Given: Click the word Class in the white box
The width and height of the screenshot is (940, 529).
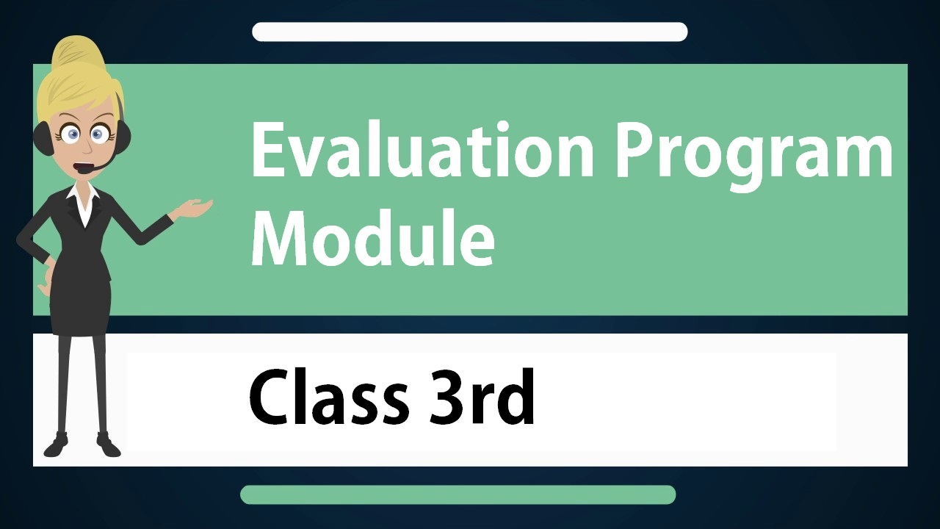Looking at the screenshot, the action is point(328,397).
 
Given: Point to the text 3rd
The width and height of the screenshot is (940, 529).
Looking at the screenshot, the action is point(481,396).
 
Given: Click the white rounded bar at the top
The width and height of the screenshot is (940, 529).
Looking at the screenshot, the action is point(469,32).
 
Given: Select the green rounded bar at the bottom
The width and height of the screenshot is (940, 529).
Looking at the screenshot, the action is point(458,494).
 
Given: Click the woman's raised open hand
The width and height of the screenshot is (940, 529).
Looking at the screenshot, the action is point(195,208).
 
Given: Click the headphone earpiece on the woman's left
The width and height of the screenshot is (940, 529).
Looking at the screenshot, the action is point(43,137).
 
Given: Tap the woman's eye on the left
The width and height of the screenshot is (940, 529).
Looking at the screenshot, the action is point(72,134).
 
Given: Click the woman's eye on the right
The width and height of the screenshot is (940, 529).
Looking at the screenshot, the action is point(98,134).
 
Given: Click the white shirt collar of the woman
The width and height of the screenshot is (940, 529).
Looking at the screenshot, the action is point(84,202).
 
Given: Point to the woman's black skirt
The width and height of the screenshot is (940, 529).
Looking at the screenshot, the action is point(81,306).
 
